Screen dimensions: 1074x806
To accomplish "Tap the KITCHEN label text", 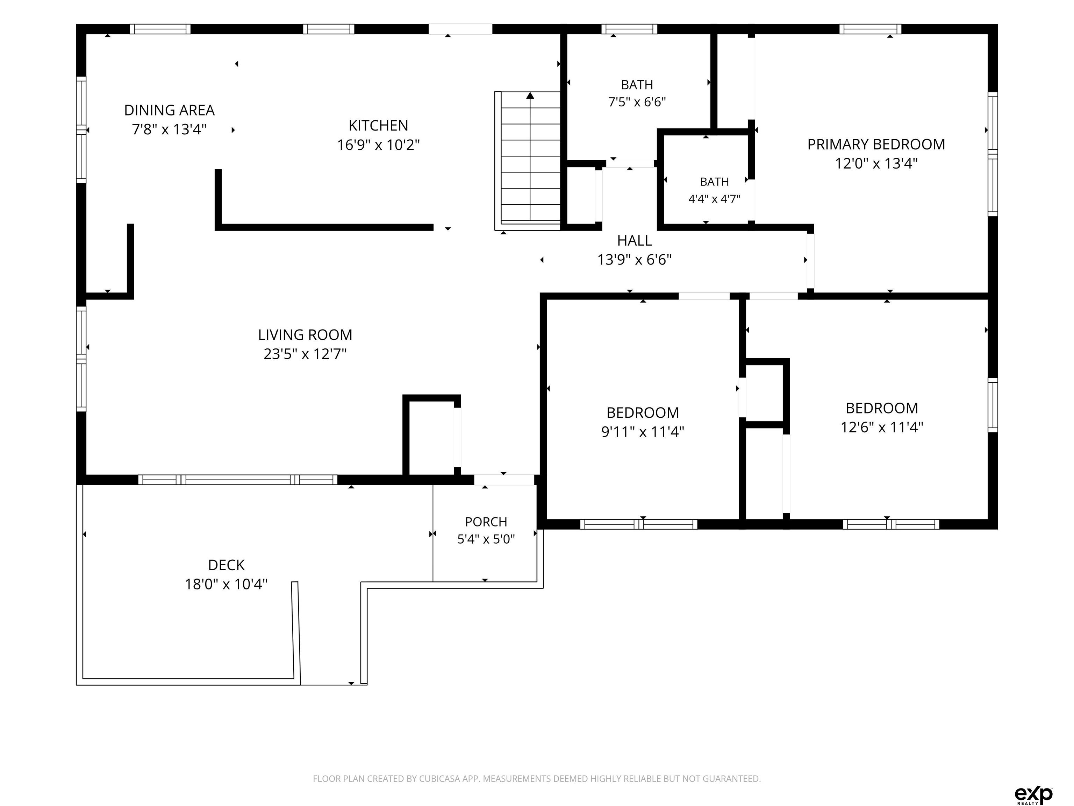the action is (x=378, y=126).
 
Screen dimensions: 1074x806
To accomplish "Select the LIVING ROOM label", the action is (x=305, y=335).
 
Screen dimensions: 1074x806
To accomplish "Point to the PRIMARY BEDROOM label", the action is (x=876, y=144).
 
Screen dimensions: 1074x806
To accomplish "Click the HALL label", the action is (x=634, y=240).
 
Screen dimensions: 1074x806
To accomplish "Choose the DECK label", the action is (x=226, y=565).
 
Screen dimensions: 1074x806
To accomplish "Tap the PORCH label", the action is (x=486, y=522).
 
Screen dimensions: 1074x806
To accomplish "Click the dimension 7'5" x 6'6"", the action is (x=637, y=102).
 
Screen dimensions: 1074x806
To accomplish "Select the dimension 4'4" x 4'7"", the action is (x=714, y=199).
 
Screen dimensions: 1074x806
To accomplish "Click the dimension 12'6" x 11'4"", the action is (x=882, y=427).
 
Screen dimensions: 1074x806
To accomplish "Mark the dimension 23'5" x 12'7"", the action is (x=305, y=354).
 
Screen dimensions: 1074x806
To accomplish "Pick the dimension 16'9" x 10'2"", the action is (x=378, y=145).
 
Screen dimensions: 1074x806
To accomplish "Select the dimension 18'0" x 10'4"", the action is (x=226, y=584).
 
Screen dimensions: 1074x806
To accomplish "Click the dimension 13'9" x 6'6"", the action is (x=634, y=260).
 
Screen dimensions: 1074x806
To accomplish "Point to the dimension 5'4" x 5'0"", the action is (x=486, y=539).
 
